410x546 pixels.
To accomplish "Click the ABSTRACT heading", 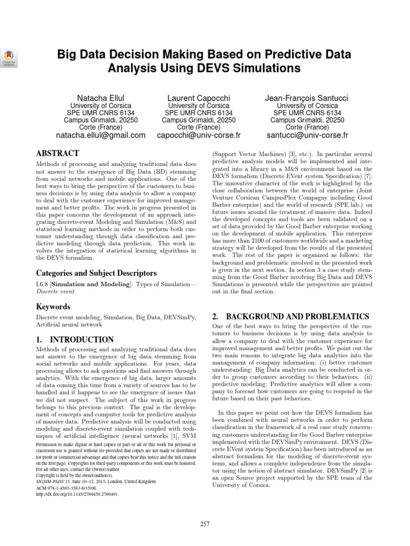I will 57,154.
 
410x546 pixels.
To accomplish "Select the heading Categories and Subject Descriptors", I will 96,273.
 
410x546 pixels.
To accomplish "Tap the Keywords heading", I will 53,307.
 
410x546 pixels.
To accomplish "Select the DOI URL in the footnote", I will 77,494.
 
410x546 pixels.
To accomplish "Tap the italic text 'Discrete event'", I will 56,292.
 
